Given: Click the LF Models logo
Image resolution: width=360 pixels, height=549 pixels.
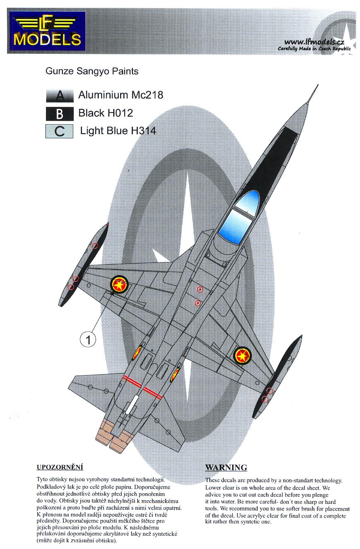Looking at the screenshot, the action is coord(47,31).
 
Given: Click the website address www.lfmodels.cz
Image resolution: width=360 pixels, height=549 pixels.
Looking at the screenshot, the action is coord(314,42).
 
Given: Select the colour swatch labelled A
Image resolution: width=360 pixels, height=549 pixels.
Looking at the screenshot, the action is coord(60,96).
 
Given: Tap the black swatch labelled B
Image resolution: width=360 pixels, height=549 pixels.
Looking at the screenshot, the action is coord(60,114).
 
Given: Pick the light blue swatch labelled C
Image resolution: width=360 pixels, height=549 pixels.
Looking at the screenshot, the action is coord(59,131).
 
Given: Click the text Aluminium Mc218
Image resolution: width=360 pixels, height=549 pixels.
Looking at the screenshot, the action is coord(121,95).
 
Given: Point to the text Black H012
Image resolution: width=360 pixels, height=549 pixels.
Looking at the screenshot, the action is coord(106,113).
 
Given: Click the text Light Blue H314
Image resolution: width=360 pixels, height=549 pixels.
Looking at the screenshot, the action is coord(118,131).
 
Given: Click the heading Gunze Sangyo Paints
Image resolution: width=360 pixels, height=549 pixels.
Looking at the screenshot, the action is coord(92,71).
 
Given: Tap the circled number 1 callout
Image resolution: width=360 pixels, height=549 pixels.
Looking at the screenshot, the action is coord(88,340).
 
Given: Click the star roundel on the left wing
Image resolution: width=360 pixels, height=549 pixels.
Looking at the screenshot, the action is coord(119,284).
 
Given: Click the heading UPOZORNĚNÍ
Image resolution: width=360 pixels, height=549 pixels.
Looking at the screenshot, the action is coord(60,467).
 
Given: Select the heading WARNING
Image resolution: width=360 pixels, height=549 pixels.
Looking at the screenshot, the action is coord(226,467).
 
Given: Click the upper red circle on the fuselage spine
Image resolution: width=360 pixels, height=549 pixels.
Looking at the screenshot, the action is coord(200,289).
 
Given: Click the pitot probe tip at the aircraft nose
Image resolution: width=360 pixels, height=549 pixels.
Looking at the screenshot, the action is coord(318,85).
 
